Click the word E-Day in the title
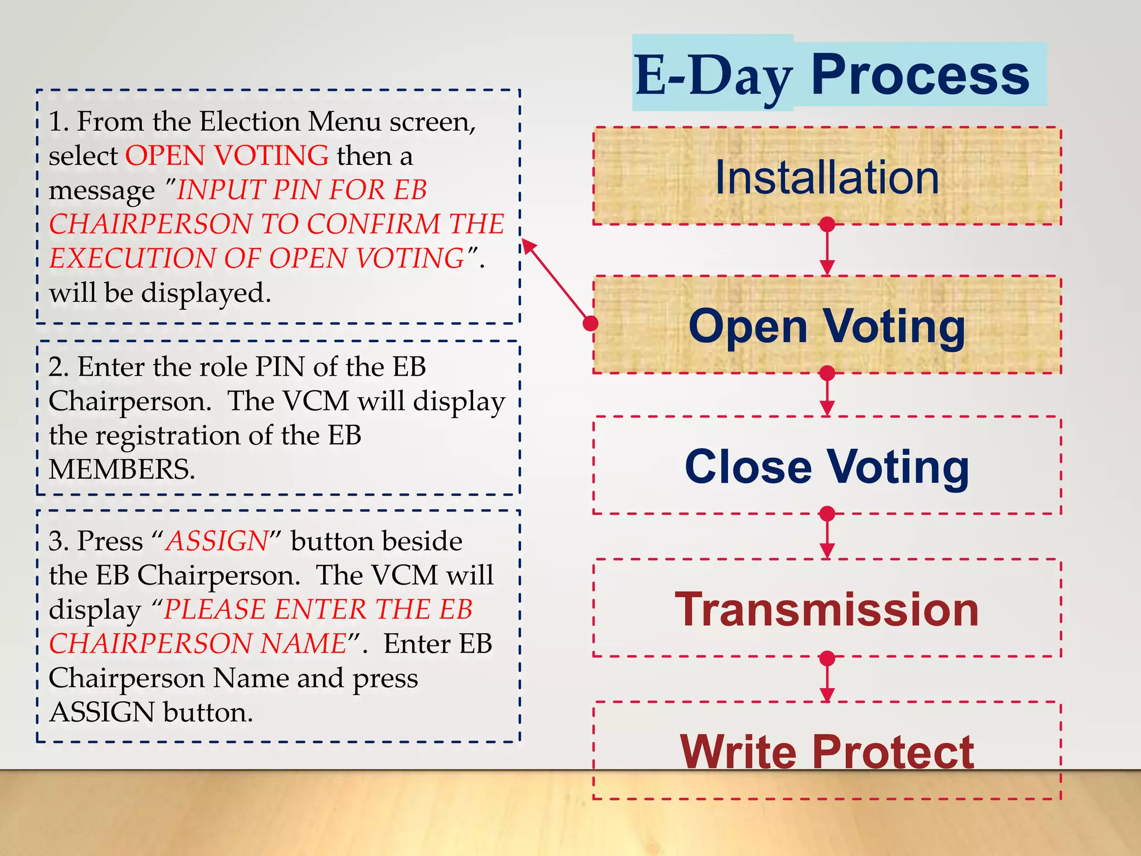tap(713, 75)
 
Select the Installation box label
tap(827, 177)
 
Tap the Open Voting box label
tap(827, 327)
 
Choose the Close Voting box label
tap(827, 467)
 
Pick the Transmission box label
tap(827, 610)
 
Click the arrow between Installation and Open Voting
tap(827, 250)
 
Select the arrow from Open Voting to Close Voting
tap(827, 395)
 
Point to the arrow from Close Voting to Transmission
tap(827, 536)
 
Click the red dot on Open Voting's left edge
tap(591, 323)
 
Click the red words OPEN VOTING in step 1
tap(227, 155)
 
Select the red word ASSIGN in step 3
tap(217, 541)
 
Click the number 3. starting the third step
tap(58, 541)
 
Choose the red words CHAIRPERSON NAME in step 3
tap(198, 644)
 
